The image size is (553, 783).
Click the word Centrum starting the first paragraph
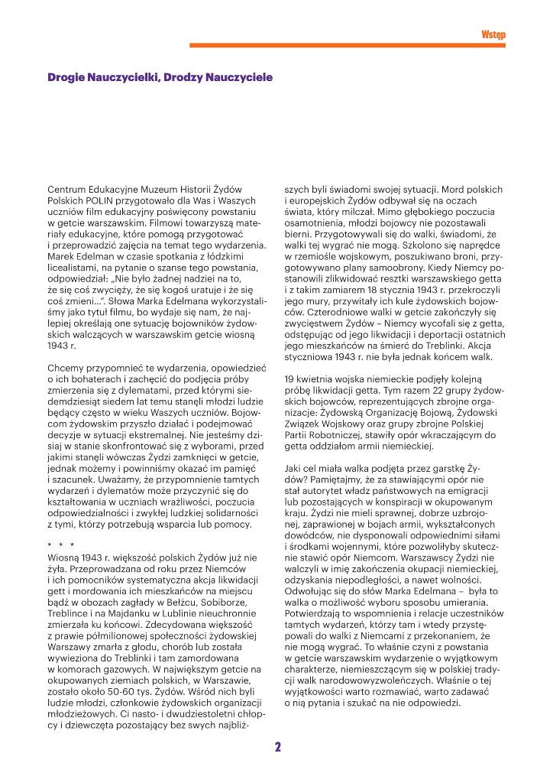[68, 188]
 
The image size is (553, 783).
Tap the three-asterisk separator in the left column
[61, 546]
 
